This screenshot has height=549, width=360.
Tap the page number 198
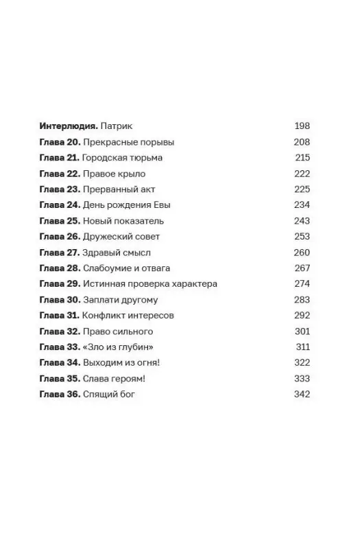point(302,126)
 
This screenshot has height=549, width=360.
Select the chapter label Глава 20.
point(60,142)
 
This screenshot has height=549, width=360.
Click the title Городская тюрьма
point(123,158)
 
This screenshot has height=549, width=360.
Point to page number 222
point(302,174)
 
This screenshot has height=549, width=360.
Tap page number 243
point(302,221)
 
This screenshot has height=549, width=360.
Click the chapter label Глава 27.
point(60,253)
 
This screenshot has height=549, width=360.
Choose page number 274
point(302,284)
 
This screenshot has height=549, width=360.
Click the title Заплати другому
point(121,300)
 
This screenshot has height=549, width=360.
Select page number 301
point(302,331)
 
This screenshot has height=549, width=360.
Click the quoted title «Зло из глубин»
point(118,347)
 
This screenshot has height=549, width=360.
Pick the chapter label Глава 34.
point(60,363)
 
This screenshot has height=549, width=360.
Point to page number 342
point(302,395)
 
